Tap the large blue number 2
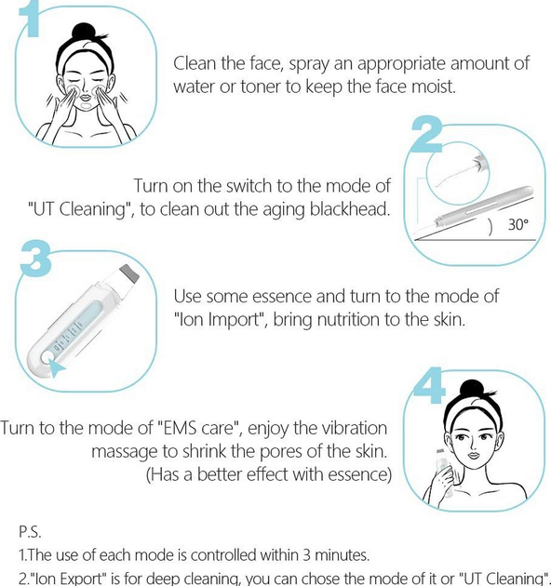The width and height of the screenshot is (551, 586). point(427,134)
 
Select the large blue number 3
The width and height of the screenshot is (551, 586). point(34,259)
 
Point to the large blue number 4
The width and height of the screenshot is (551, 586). point(429,386)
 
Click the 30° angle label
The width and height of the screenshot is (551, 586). point(518,224)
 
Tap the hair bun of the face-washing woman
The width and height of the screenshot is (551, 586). point(83,33)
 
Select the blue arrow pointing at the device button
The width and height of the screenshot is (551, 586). point(56,368)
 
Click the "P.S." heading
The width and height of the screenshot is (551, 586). point(30,532)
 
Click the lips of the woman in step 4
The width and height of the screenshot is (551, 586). point(474,456)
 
